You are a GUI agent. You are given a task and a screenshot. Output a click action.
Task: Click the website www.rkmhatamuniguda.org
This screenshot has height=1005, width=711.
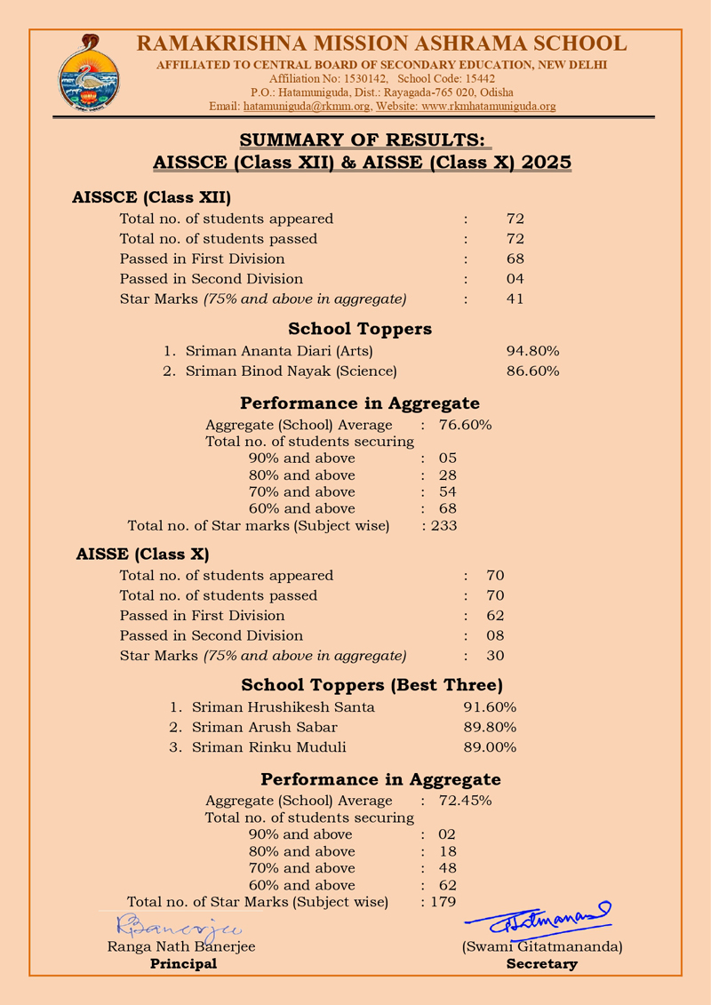(x=489, y=107)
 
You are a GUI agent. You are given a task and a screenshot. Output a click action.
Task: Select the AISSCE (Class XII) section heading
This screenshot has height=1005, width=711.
(x=151, y=197)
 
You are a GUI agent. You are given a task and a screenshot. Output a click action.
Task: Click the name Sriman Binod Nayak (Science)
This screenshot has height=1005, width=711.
(x=291, y=371)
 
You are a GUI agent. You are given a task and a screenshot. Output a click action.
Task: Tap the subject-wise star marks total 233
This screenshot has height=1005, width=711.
(x=443, y=526)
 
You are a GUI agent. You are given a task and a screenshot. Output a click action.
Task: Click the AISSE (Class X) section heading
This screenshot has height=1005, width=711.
(x=143, y=554)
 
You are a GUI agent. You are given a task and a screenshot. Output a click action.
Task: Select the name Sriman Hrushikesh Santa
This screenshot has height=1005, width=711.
(x=284, y=707)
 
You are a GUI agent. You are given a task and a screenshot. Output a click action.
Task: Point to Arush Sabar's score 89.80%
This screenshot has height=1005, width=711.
(x=490, y=727)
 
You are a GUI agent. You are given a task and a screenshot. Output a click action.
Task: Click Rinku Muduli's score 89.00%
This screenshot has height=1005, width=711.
(x=490, y=747)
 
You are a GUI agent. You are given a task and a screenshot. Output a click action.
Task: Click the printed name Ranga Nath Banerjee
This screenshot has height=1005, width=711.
(x=181, y=947)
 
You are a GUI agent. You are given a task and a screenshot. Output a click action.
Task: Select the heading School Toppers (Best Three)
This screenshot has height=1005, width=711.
(x=371, y=685)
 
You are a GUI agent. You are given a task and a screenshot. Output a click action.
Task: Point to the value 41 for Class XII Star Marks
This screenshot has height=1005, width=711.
(x=515, y=299)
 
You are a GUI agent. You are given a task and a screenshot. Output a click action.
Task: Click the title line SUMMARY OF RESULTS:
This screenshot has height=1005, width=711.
(x=362, y=140)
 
